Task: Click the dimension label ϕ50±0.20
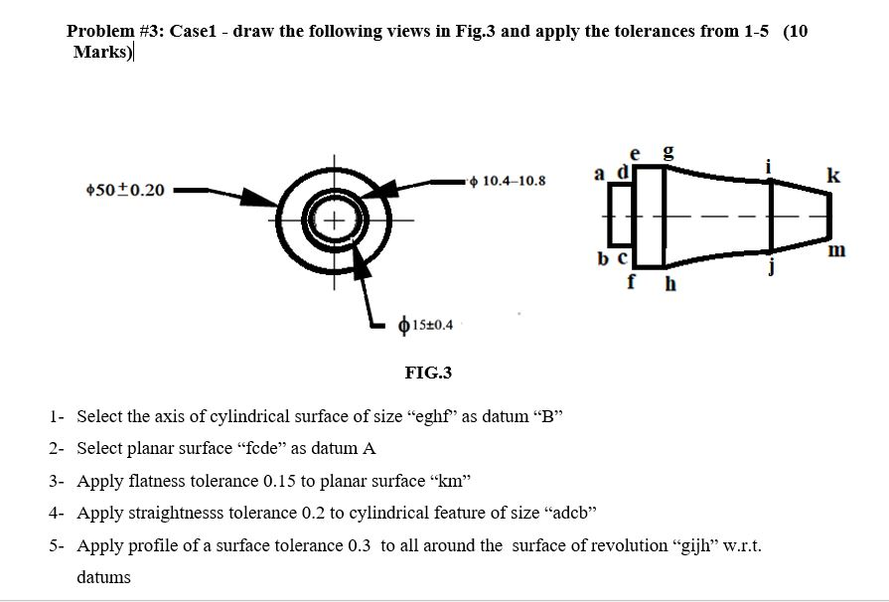pyautogui.click(x=126, y=190)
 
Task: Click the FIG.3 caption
pyautogui.click(x=428, y=373)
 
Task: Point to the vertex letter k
pyautogui.click(x=833, y=177)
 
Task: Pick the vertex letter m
pyautogui.click(x=836, y=250)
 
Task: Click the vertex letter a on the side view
pyautogui.click(x=599, y=174)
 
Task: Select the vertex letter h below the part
pyautogui.click(x=669, y=285)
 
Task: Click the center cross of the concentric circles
pyautogui.click(x=334, y=219)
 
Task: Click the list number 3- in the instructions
pyautogui.click(x=57, y=481)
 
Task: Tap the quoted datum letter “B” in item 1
pyautogui.click(x=547, y=416)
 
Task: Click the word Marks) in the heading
pyautogui.click(x=102, y=52)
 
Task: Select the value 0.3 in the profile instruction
pyautogui.click(x=362, y=544)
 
